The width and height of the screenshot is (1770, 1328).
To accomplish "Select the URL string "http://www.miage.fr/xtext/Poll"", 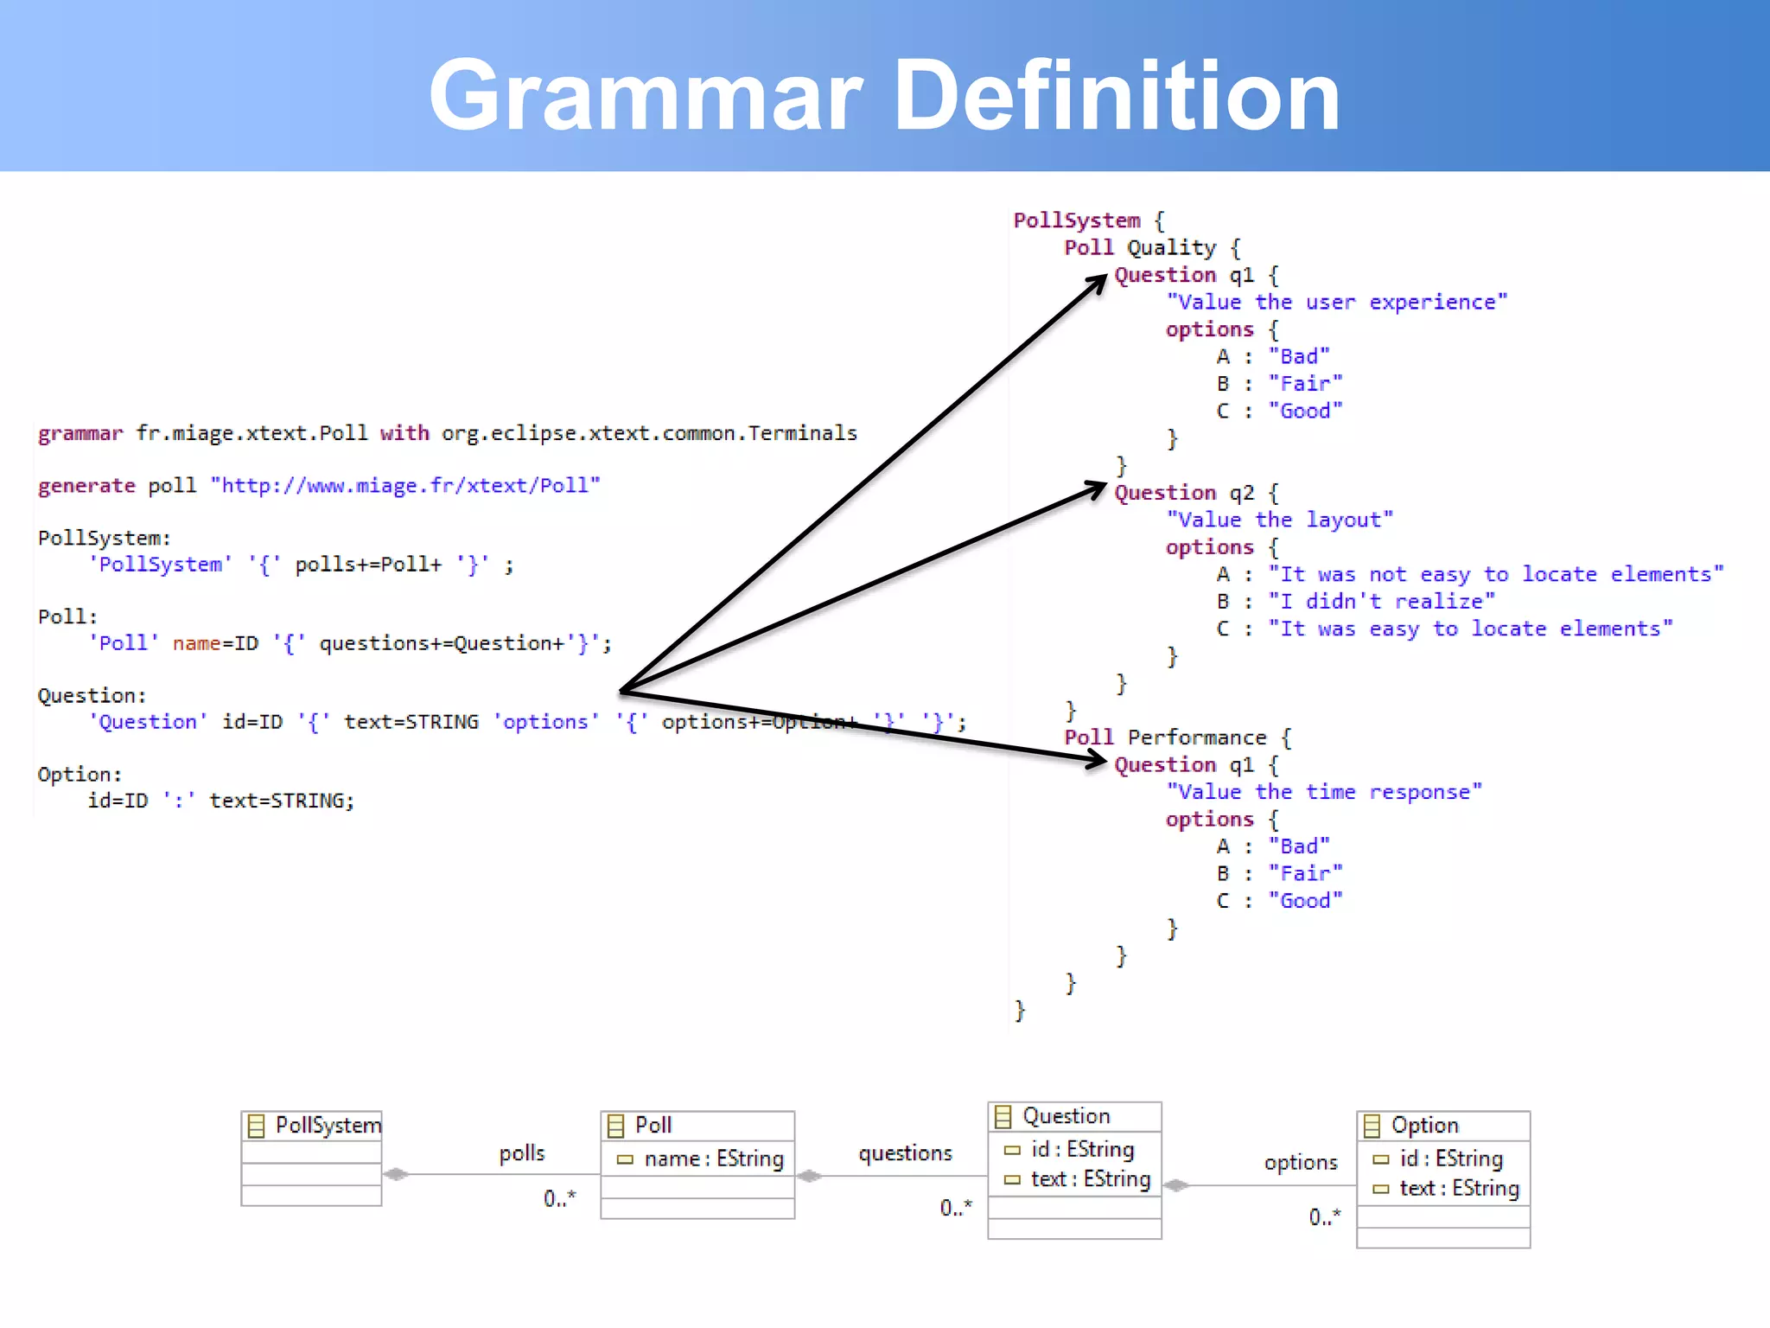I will pyautogui.click(x=405, y=485).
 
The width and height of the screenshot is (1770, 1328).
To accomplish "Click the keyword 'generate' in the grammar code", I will pyautogui.click(x=86, y=486).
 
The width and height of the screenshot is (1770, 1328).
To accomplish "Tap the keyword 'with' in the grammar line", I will pyautogui.click(x=404, y=433).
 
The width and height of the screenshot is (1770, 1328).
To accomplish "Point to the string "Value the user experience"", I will pyautogui.click(x=1336, y=302).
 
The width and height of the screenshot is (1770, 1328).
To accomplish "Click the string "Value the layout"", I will pyautogui.click(x=1279, y=520).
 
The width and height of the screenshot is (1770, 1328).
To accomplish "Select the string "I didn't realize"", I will pyautogui.click(x=1381, y=601).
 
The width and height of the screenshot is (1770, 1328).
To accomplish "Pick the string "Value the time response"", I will pyautogui.click(x=1324, y=792).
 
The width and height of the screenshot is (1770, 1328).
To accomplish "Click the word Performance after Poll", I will pyautogui.click(x=1197, y=737).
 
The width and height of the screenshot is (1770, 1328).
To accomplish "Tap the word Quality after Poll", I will pyautogui.click(x=1171, y=248).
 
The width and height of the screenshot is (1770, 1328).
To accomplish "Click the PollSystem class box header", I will pyautogui.click(x=312, y=1125).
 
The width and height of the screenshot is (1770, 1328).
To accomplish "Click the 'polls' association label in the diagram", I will pyautogui.click(x=521, y=1153).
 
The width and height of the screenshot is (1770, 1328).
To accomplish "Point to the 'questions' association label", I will pyautogui.click(x=905, y=1153).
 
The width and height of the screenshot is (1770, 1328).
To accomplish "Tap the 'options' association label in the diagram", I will pyautogui.click(x=1301, y=1163).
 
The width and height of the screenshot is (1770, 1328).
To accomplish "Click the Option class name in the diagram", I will pyautogui.click(x=1424, y=1125).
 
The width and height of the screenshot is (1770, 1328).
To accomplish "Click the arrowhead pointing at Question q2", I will pyautogui.click(x=1098, y=489).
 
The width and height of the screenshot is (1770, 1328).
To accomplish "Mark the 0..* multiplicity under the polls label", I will pyautogui.click(x=559, y=1198).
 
